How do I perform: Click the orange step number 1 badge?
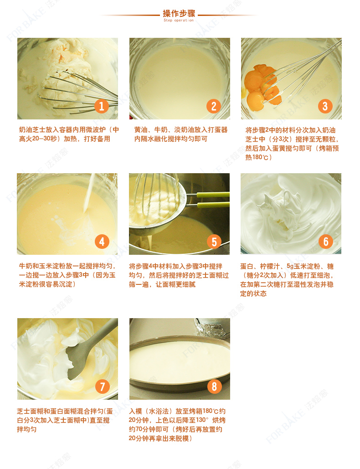(101, 106)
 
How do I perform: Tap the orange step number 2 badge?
(213, 106)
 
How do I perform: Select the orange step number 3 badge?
(325, 106)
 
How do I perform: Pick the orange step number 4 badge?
(102, 242)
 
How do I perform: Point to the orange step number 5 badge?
(214, 242)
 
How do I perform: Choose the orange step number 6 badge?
(326, 242)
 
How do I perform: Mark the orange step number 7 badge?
(102, 387)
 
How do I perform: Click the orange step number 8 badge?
(214, 387)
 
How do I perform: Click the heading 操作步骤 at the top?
(179, 13)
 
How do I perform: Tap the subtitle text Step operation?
(179, 21)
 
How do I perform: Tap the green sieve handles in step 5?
(213, 200)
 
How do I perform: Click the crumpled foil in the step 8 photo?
(212, 329)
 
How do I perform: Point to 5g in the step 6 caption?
(290, 266)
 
